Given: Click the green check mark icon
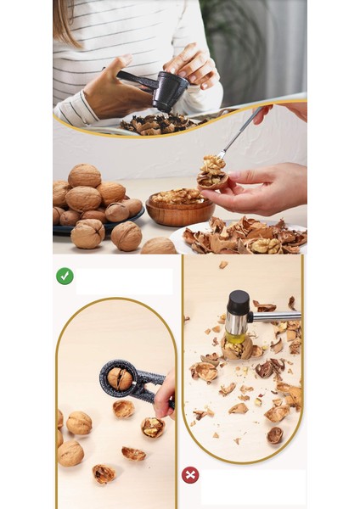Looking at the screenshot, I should pos(65,276).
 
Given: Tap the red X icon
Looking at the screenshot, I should pos(190,475).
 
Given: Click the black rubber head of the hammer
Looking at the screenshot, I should pos(238,304).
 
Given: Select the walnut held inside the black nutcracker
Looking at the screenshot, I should pos(119,378).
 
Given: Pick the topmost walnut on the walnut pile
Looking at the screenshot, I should pos(84,175).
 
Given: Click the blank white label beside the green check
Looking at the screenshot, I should pos(124,281).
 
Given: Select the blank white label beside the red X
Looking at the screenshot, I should pos(253,487).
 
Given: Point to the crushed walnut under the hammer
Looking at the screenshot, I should pos(238,348).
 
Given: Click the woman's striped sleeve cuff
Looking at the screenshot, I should pos(76,108).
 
